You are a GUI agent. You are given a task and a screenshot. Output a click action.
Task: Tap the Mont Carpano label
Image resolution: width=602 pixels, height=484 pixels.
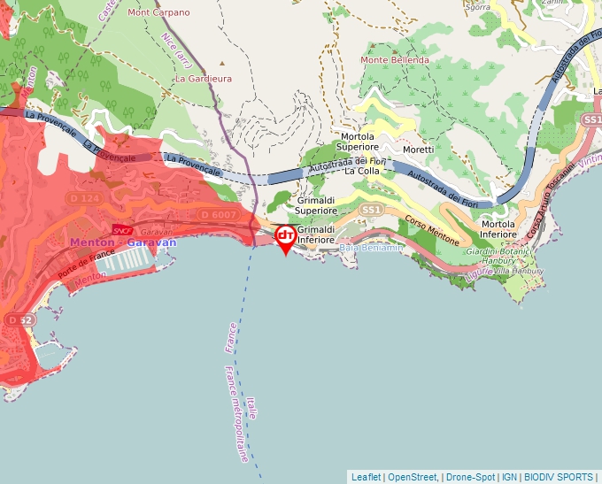pos(158,12)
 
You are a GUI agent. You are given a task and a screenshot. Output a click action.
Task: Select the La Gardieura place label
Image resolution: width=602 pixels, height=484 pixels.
pos(203,78)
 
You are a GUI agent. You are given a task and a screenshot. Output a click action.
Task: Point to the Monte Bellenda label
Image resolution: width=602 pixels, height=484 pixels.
pos(394,60)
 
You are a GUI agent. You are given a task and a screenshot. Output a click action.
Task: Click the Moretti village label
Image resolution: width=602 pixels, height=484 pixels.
pos(419,150)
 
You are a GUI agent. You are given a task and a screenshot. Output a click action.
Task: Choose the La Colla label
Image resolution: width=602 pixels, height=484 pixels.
pos(361,171)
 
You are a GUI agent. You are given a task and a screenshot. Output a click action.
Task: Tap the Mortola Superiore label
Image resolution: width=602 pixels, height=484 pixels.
pos(358,142)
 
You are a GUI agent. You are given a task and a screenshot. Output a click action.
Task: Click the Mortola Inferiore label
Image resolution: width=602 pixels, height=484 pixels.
pos(498,229)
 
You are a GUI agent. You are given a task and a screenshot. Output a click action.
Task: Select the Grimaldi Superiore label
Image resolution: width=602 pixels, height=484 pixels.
pos(316,206)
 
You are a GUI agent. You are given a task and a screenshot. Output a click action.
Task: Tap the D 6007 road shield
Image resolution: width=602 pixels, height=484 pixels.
pos(219,215)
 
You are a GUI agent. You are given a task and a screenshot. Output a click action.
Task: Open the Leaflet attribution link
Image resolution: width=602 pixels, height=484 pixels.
pos(366,477)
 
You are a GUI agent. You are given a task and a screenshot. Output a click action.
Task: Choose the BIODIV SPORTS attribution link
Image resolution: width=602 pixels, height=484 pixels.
pos(560,477)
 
